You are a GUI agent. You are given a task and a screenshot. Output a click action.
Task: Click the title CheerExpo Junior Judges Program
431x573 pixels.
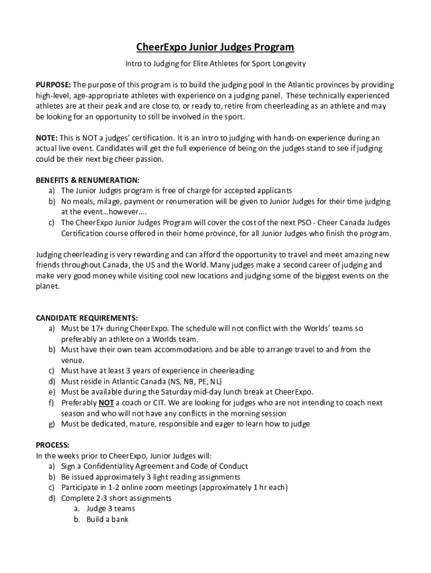(215, 47)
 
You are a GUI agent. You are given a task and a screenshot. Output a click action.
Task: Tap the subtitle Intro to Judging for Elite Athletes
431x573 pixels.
(215, 64)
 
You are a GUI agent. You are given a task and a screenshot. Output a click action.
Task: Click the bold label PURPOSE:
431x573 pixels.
(53, 85)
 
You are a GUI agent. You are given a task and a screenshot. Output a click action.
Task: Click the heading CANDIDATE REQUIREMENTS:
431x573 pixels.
(87, 318)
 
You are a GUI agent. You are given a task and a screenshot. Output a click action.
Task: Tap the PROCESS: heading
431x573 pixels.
(53, 445)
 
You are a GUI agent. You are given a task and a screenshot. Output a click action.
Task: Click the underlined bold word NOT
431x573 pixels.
(106, 402)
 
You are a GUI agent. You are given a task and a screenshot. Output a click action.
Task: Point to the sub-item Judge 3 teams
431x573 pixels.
(110, 509)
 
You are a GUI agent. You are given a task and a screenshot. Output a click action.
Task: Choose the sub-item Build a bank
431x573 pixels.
(107, 519)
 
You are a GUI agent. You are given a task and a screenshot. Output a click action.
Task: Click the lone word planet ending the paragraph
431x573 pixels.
(48, 286)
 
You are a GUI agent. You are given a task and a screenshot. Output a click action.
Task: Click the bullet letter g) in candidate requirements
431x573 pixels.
(51, 424)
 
